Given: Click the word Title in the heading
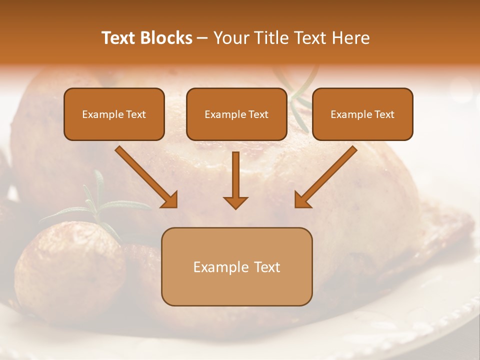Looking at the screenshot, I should pyautogui.click(x=269, y=38).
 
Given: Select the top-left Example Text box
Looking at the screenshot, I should pyautogui.click(x=114, y=114).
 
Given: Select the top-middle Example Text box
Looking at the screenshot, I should pyautogui.click(x=236, y=114).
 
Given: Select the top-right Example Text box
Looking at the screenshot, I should pyautogui.click(x=362, y=114).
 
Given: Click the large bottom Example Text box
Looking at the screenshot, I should pyautogui.click(x=236, y=266).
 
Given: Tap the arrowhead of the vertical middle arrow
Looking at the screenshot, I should pyautogui.click(x=235, y=202).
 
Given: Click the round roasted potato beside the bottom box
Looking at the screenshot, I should pyautogui.click(x=70, y=270).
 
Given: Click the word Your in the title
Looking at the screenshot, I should pyautogui.click(x=230, y=38).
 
